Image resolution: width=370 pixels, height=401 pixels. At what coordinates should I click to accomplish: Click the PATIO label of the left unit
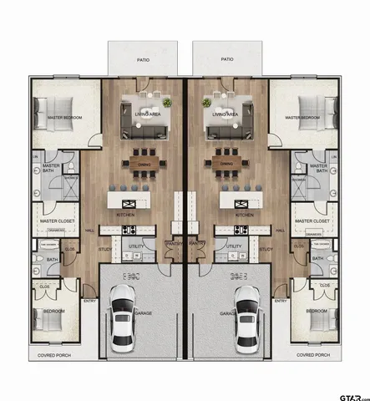(144, 59)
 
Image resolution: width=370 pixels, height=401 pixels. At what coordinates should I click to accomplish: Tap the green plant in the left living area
(168, 103)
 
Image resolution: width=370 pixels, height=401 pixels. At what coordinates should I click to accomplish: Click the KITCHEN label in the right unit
(244, 215)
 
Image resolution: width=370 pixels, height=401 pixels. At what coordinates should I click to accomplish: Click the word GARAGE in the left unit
(144, 314)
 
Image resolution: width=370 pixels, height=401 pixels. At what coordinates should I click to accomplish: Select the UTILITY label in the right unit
(235, 246)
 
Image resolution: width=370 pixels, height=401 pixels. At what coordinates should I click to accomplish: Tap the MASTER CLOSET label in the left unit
(55, 221)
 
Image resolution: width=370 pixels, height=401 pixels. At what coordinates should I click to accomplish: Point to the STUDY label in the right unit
(266, 248)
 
